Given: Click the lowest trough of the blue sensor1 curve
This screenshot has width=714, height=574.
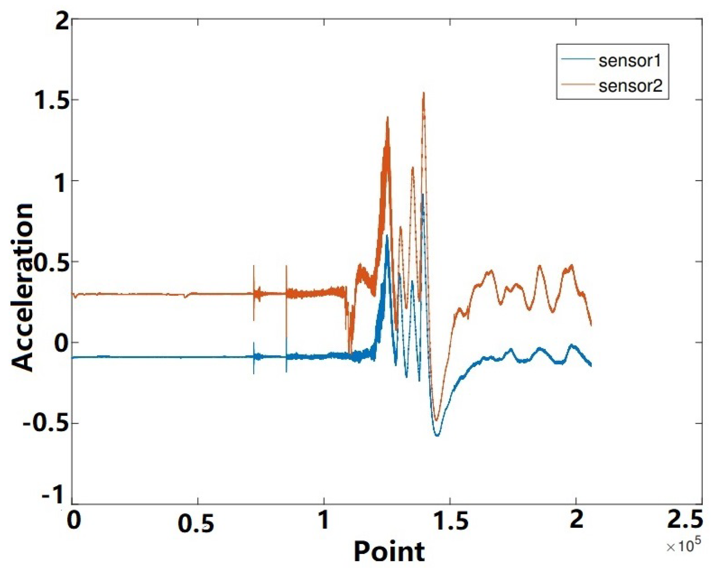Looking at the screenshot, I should (x=437, y=436).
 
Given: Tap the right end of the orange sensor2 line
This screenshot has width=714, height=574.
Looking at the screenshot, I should (x=591, y=325).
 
